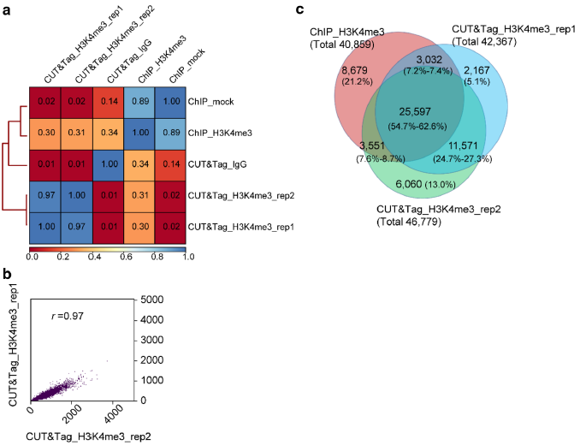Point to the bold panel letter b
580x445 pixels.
pos(8,275)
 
